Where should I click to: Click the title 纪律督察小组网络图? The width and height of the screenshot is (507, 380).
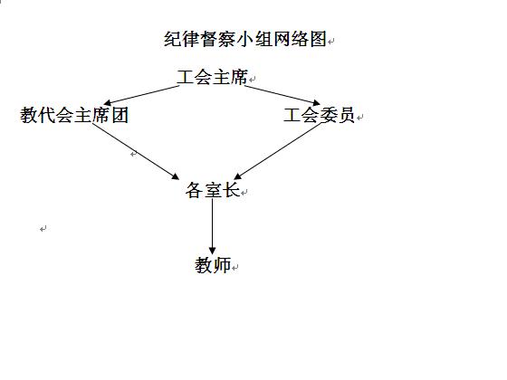(x=244, y=39)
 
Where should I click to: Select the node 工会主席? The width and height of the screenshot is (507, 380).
(x=212, y=77)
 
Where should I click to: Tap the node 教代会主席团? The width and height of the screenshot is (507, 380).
(x=74, y=115)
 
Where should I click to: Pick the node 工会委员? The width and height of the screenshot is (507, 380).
(x=319, y=115)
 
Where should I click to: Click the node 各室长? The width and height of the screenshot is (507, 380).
(x=213, y=190)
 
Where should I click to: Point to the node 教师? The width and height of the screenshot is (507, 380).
(x=213, y=265)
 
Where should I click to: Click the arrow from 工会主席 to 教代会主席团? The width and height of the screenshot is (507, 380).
(x=141, y=95)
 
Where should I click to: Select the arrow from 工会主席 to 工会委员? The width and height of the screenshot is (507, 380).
(x=282, y=95)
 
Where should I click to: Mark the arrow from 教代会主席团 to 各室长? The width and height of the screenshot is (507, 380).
(x=136, y=151)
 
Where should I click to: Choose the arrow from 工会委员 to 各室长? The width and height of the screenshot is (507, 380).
(x=277, y=151)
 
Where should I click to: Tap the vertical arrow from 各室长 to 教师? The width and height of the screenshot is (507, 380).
(x=213, y=226)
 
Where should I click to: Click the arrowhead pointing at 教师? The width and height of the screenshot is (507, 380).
(x=213, y=251)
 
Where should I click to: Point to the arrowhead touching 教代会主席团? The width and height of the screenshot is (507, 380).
(x=108, y=102)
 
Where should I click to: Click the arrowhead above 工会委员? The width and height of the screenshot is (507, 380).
(x=317, y=103)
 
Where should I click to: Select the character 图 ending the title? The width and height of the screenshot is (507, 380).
(x=318, y=39)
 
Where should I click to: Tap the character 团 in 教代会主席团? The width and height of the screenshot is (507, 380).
(x=120, y=115)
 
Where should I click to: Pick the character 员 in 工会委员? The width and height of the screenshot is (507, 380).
(x=346, y=115)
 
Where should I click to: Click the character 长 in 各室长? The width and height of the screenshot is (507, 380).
(x=231, y=190)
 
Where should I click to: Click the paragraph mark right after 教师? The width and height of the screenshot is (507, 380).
(x=235, y=267)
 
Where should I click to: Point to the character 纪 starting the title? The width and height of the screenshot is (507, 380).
(x=172, y=39)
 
